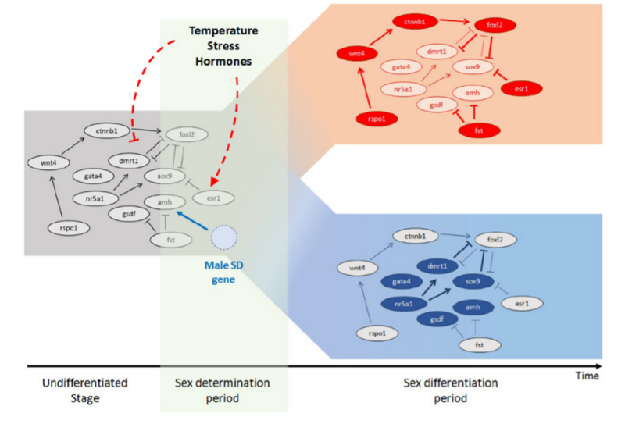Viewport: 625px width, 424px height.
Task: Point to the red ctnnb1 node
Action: point(413,18)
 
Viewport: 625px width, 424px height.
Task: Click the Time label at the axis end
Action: point(587,376)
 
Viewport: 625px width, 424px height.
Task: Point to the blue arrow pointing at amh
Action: point(193,219)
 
